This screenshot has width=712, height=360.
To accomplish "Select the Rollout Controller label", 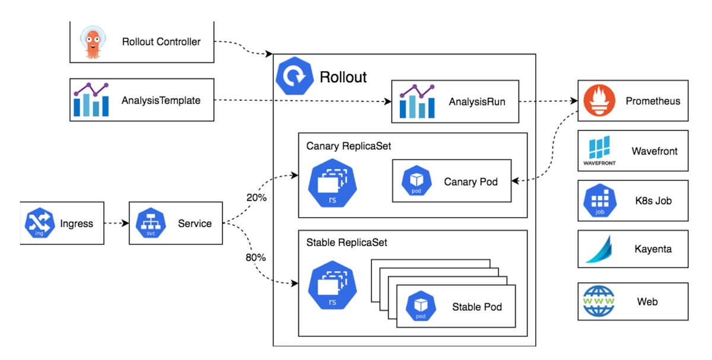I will (x=161, y=42).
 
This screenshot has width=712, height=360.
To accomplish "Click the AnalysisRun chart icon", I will (x=417, y=101).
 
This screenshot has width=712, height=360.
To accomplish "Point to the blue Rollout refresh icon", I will (x=294, y=77).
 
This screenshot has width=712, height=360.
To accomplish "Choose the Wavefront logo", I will (x=600, y=151).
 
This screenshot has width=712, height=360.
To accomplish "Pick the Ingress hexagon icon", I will (x=40, y=224).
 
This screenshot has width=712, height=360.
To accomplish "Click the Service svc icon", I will (x=150, y=224).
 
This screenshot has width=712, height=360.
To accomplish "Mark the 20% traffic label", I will (x=256, y=197).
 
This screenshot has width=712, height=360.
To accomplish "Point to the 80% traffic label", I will (x=256, y=257).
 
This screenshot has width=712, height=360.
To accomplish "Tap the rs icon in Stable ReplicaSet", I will (x=332, y=285).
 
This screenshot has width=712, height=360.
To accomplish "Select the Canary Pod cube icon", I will (x=416, y=181).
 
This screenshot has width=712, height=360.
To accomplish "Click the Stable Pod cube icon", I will (x=421, y=306).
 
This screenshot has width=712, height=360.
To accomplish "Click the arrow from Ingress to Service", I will (x=116, y=224).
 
